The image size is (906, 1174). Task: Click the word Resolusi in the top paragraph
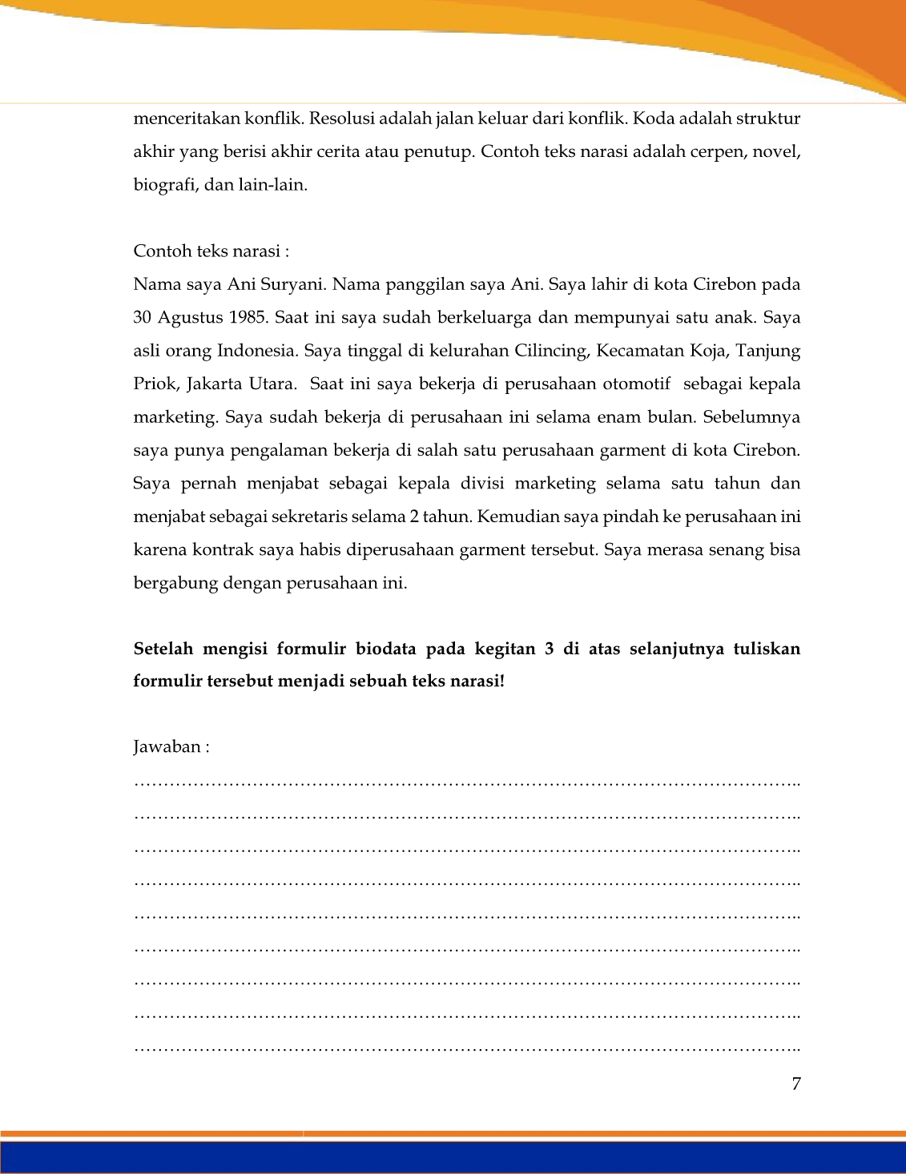(340, 119)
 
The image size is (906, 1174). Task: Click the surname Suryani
(290, 284)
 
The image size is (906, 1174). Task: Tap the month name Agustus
(190, 317)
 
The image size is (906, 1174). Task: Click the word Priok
(155, 384)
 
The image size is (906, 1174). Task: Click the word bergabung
(175, 583)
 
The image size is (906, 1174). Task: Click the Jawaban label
(171, 747)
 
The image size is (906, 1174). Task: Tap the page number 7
(795, 1084)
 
